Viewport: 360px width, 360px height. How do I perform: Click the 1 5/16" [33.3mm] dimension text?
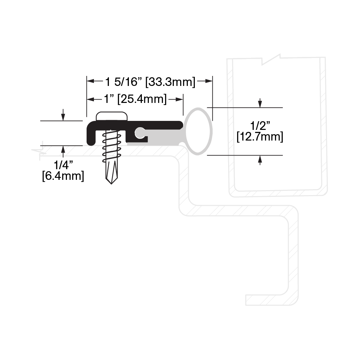click(150, 82)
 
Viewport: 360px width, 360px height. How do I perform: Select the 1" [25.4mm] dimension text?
click(135, 99)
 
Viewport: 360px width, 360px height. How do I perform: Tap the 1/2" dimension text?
click(260, 126)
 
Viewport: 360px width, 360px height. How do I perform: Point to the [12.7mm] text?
click(260, 137)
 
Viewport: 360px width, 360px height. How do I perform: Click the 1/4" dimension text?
click(63, 165)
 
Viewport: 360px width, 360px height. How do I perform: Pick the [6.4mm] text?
click(63, 176)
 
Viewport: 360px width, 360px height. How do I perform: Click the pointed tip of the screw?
click(111, 183)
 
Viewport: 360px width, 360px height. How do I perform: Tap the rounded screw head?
click(112, 116)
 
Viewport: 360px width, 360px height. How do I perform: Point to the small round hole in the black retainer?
click(139, 133)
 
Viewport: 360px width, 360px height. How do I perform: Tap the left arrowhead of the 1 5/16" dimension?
click(91, 81)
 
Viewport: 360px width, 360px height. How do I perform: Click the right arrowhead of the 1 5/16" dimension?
click(208, 81)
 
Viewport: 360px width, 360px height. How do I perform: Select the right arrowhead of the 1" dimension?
click(179, 100)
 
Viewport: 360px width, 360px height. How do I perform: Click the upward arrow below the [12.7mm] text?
click(260, 160)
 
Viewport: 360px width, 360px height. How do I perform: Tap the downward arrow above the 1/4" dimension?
click(63, 115)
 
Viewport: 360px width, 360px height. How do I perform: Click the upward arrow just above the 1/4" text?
click(63, 152)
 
